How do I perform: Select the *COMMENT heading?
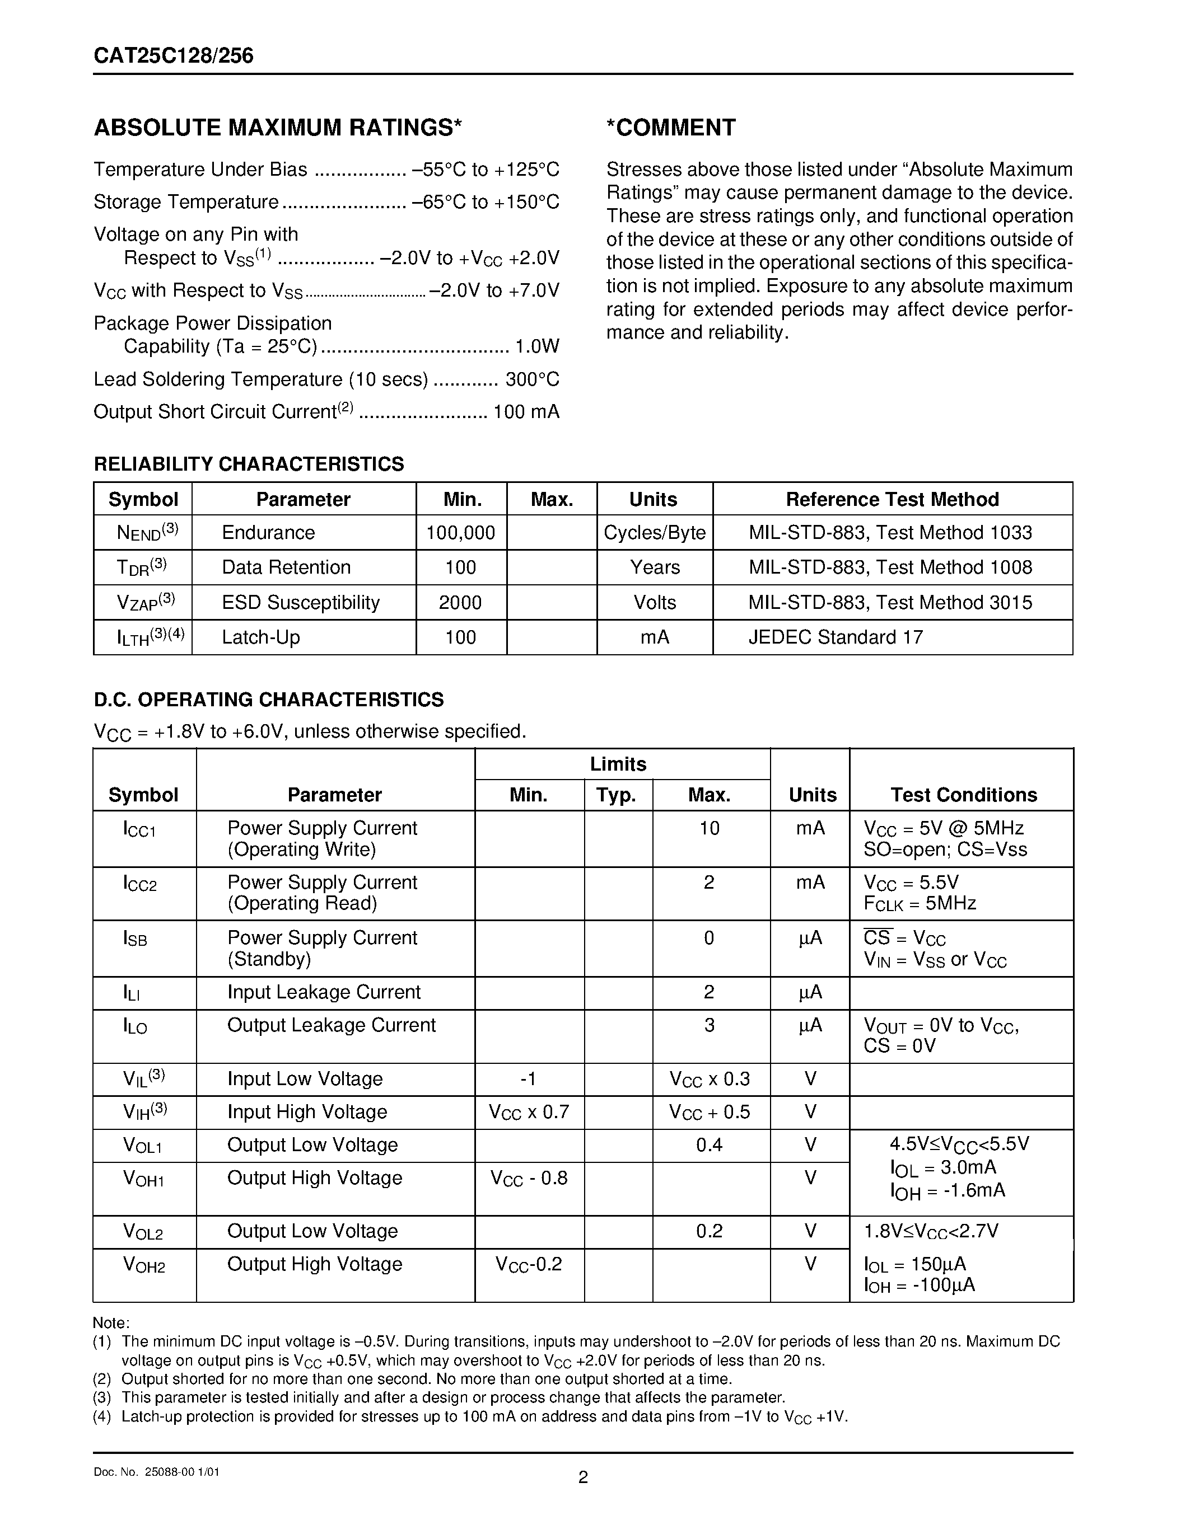click(670, 128)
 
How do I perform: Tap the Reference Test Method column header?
click(892, 500)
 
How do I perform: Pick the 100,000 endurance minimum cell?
click(460, 533)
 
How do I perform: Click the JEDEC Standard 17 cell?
click(836, 637)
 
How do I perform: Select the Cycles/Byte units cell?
click(654, 533)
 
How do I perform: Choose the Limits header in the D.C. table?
click(618, 764)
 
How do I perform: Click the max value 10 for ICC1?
click(709, 828)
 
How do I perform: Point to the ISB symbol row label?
click(136, 938)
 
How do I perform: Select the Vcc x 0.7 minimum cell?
click(529, 1112)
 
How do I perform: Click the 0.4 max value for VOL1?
click(709, 1145)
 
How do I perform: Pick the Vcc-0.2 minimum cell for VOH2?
click(529, 1264)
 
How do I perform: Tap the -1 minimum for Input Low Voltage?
click(528, 1079)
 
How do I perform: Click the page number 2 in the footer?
click(583, 1477)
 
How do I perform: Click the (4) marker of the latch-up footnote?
click(102, 1416)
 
